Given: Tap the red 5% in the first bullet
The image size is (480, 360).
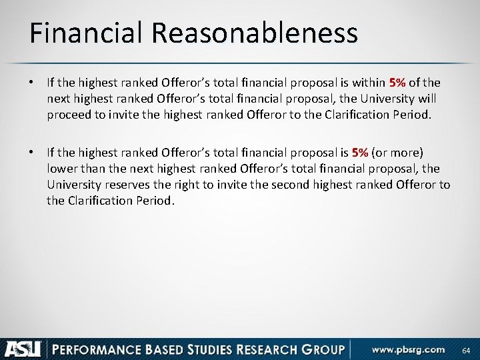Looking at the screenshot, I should (x=398, y=83).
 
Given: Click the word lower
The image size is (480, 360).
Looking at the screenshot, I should (x=61, y=169).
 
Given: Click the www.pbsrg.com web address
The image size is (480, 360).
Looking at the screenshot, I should (x=408, y=349).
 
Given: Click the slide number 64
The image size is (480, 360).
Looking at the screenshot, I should (x=466, y=351).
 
